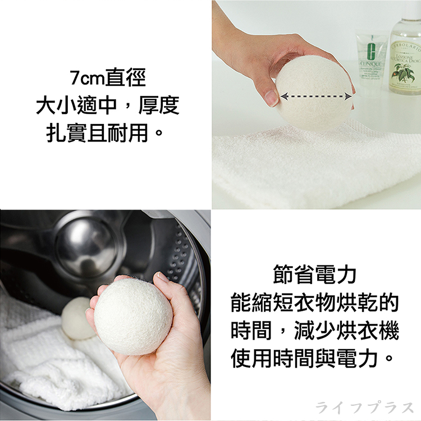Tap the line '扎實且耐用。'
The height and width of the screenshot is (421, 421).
(x=107, y=134)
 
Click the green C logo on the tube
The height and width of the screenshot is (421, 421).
(x=371, y=52)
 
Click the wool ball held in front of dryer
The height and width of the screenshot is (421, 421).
(x=133, y=316)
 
